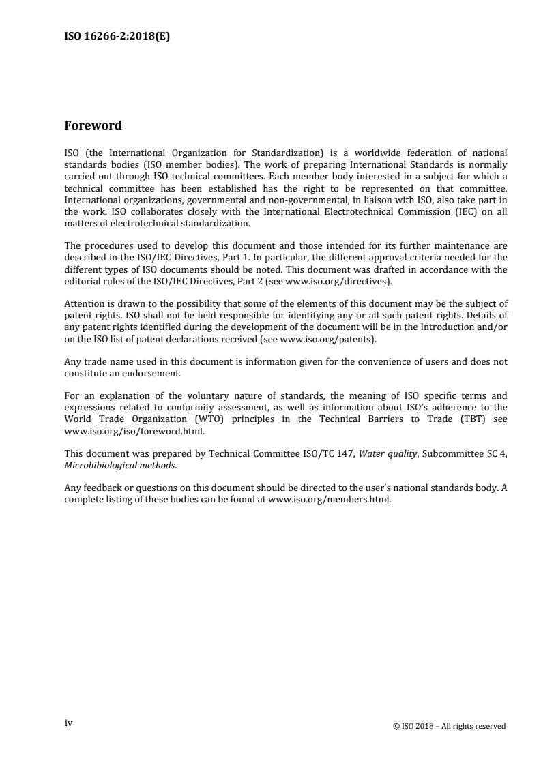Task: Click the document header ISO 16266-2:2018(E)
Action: click(x=117, y=38)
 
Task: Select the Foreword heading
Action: click(x=93, y=125)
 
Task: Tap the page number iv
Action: click(x=68, y=725)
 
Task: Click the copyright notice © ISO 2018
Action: click(x=450, y=726)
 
